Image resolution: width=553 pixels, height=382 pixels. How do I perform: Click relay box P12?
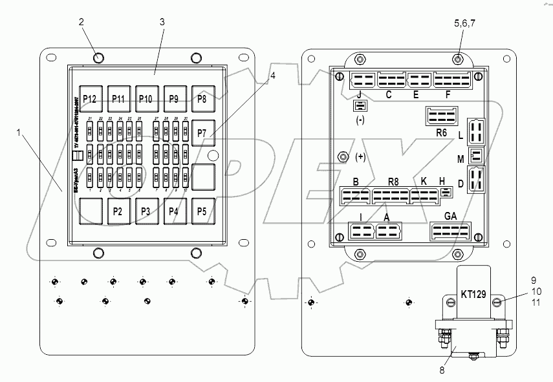(90, 99)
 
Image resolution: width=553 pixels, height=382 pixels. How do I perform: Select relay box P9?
(173, 99)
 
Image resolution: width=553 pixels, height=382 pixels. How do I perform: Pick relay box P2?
(118, 211)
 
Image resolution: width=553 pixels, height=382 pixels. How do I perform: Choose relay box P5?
(202, 211)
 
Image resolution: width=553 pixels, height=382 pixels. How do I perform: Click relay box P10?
(146, 99)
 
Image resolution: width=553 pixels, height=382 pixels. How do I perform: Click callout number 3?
(162, 22)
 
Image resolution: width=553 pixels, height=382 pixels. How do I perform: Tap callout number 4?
(273, 76)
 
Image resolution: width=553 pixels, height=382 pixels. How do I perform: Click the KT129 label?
(473, 294)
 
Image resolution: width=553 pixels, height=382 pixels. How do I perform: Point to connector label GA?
(451, 217)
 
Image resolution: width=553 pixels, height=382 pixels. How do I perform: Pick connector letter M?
(460, 159)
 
